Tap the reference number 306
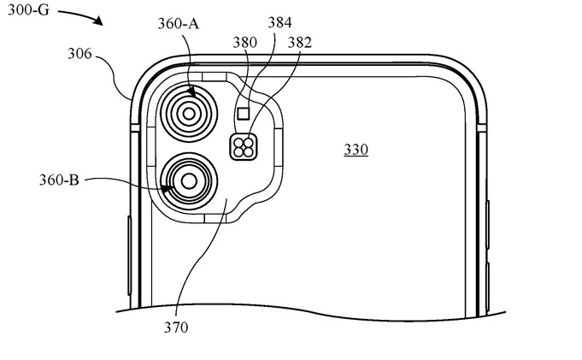tap(81, 53)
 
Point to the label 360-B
tap(61, 180)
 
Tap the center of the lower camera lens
tap(185, 180)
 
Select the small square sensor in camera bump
tap(243, 113)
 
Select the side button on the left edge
tap(127, 248)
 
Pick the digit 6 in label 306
tap(91, 53)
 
